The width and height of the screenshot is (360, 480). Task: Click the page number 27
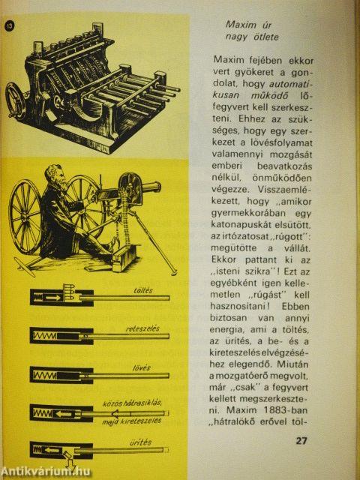(301, 441)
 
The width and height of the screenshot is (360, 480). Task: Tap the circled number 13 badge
(9, 25)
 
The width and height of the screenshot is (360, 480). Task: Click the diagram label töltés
(143, 290)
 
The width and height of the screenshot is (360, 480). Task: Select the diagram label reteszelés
(142, 328)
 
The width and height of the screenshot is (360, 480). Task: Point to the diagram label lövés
(142, 367)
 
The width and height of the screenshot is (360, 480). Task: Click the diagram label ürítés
(140, 442)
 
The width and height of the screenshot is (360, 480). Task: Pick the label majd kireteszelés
(132, 421)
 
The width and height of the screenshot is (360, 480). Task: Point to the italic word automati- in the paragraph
(292, 83)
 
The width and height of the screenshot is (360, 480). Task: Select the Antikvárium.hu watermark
(46, 471)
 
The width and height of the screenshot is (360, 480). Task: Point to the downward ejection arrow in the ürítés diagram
(70, 463)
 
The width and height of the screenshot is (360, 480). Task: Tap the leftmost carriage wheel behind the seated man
(25, 217)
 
